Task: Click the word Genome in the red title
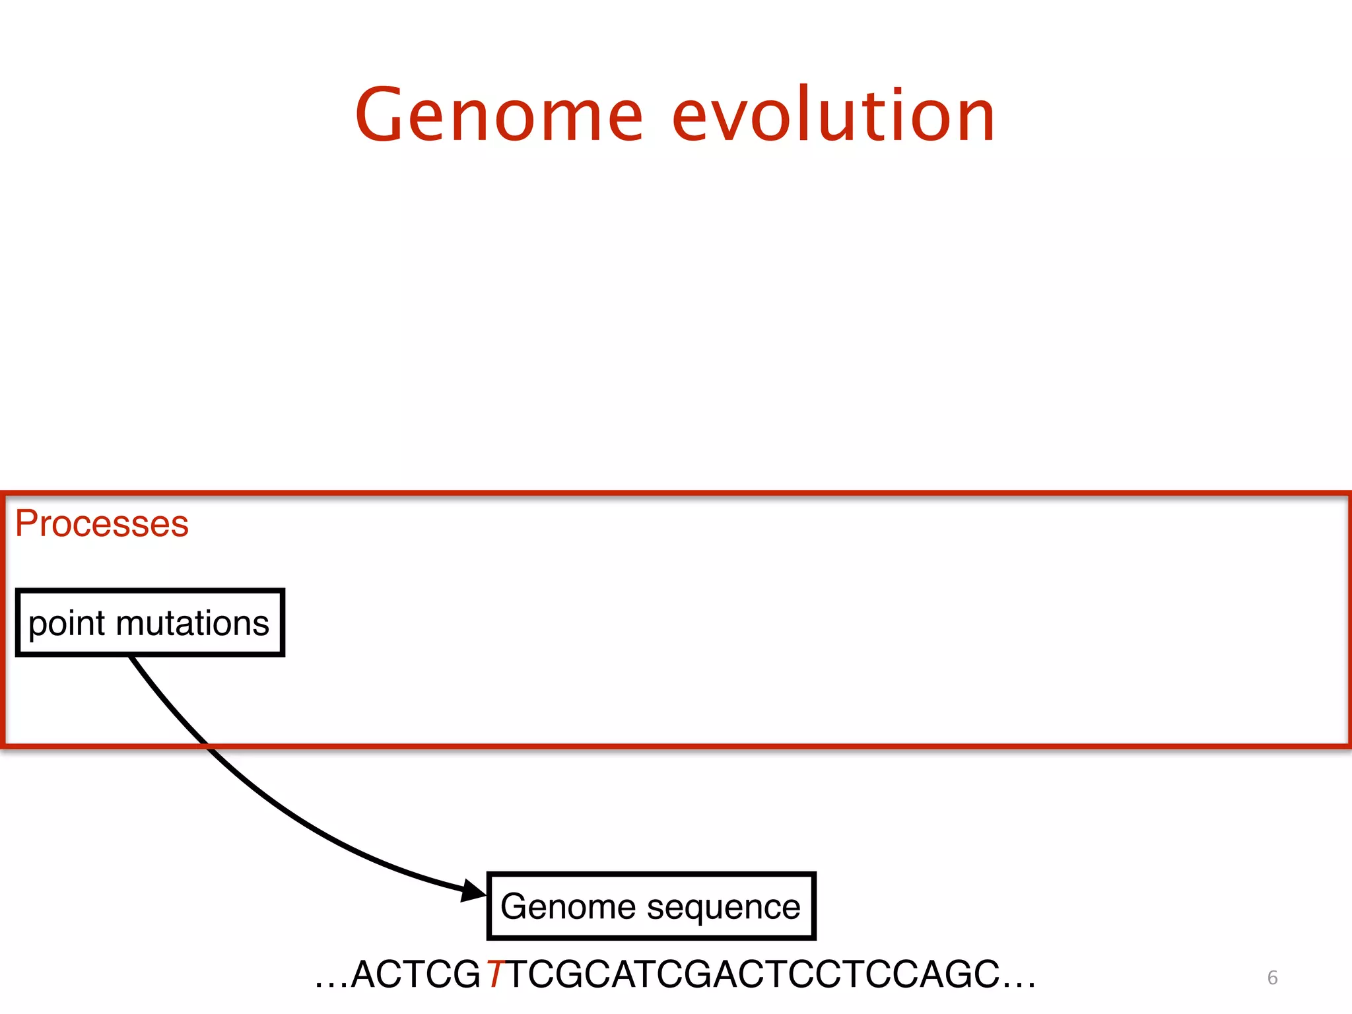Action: (x=499, y=116)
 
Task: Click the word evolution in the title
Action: (x=833, y=116)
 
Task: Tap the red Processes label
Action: (x=102, y=524)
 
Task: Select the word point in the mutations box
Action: (x=67, y=624)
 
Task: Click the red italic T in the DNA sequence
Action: (x=495, y=974)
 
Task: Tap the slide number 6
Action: (x=1272, y=978)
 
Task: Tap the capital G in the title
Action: (x=383, y=116)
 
